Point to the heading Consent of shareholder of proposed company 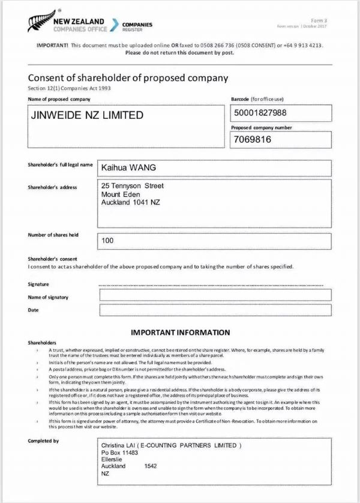click(x=128, y=78)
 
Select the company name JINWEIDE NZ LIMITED click(x=87, y=115)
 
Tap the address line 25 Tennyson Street click(x=133, y=186)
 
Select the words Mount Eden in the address click(x=121, y=194)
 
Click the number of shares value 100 click(x=108, y=241)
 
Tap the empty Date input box click(x=215, y=310)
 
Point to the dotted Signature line click(x=215, y=285)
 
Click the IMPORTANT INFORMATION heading click(x=180, y=332)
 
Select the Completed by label click(x=43, y=441)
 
